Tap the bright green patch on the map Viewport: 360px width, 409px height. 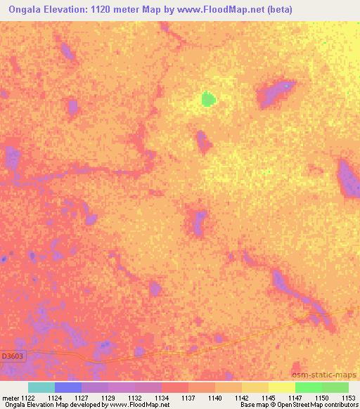coord(207,99)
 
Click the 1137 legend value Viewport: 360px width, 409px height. coord(188,398)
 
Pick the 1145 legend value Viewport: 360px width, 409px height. coord(269,398)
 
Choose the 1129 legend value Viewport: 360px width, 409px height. coord(108,398)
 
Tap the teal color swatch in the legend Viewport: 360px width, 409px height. coord(41,387)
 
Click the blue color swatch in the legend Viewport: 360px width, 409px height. coord(67,387)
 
